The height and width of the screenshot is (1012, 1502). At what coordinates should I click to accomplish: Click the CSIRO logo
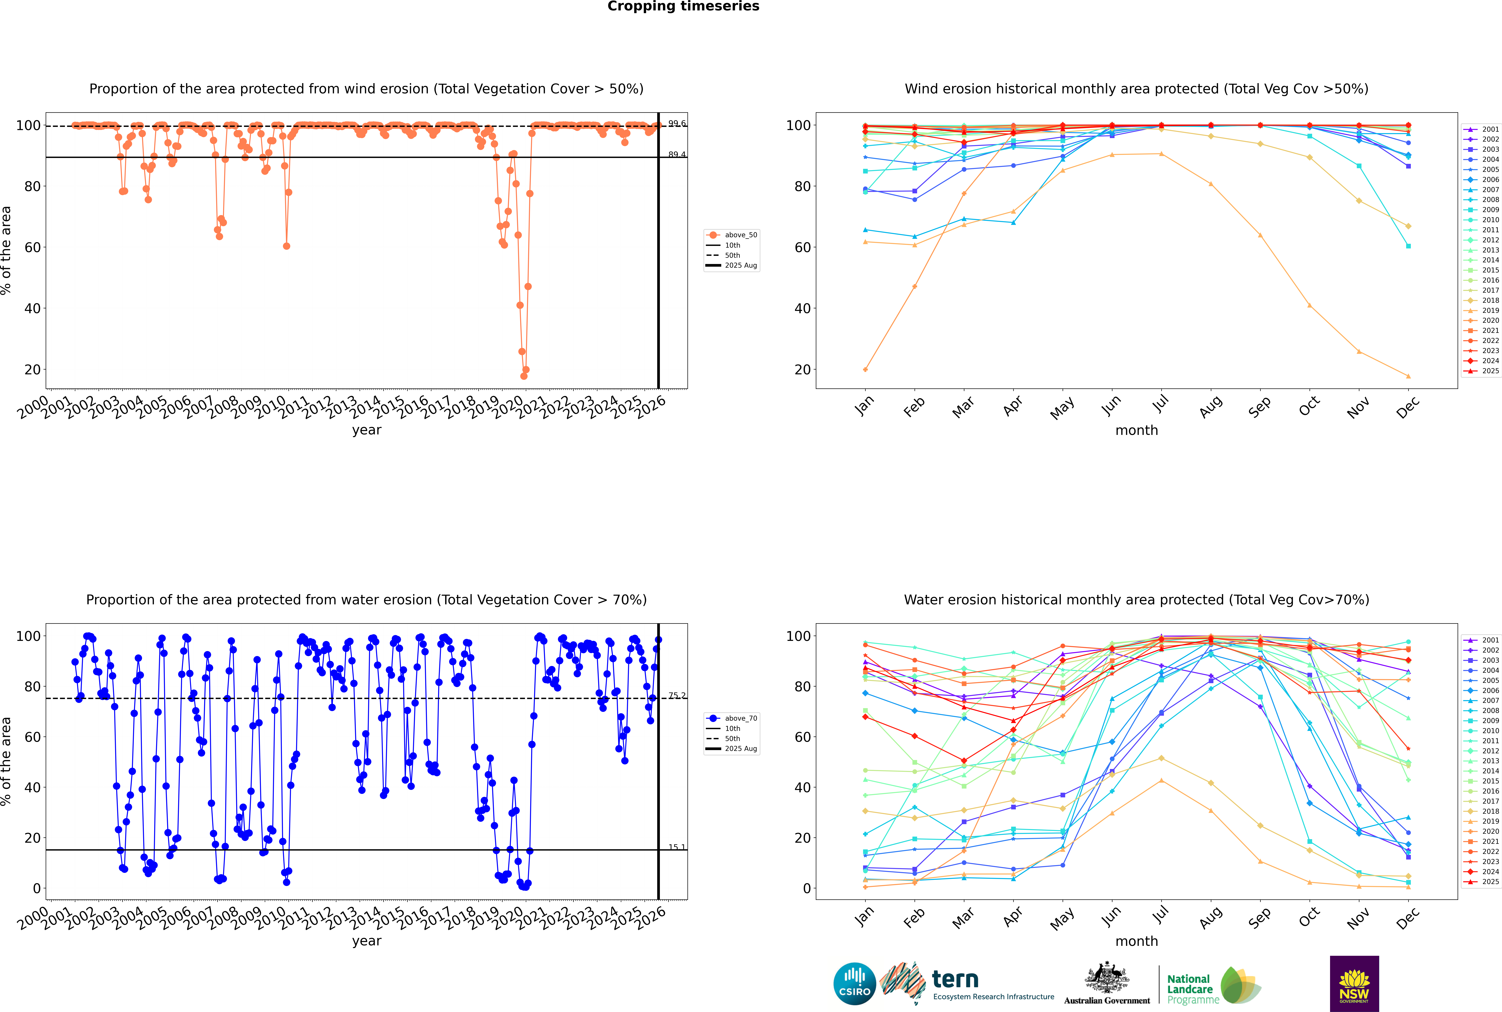click(x=854, y=984)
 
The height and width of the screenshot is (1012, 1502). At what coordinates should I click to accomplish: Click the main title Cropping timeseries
click(x=683, y=6)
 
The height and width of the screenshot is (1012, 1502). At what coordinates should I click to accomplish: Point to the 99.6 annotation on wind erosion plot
click(x=677, y=123)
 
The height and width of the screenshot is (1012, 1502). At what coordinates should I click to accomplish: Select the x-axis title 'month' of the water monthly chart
click(x=1136, y=941)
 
